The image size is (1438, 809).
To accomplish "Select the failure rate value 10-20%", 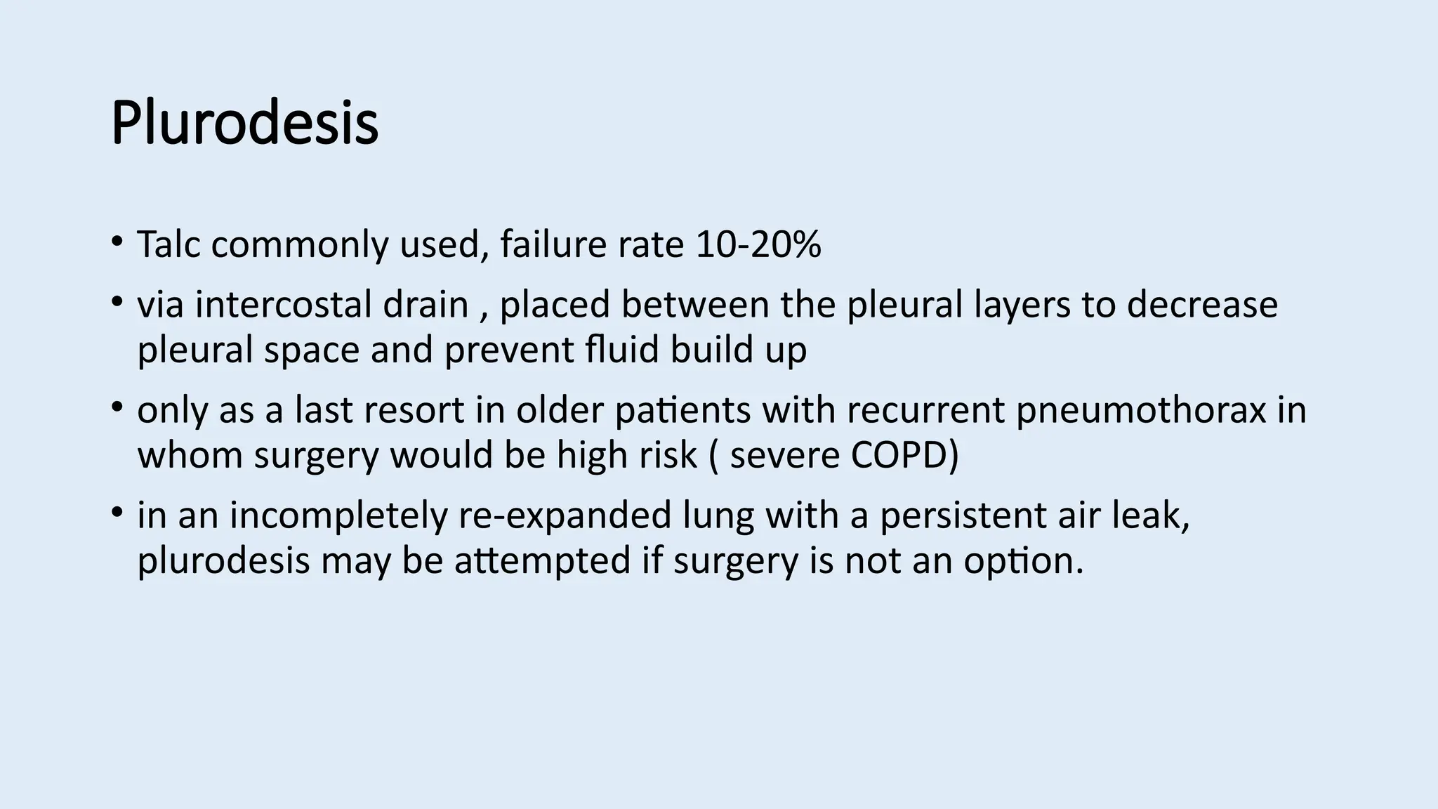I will pyautogui.click(x=758, y=244).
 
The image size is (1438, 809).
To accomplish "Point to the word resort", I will pyautogui.click(x=414, y=410).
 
